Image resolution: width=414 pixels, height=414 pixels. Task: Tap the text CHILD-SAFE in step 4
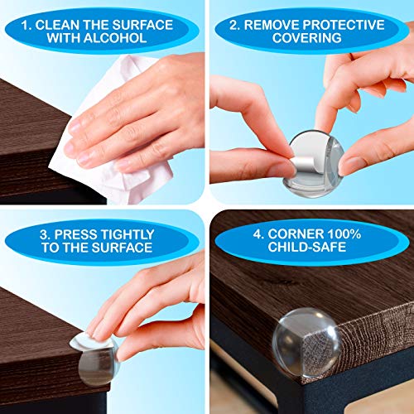click(x=307, y=247)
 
